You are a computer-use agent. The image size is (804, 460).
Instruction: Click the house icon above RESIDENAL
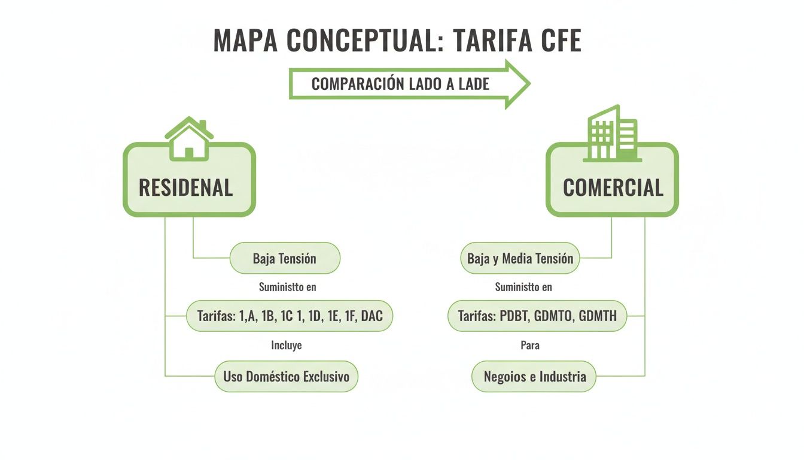[x=189, y=139]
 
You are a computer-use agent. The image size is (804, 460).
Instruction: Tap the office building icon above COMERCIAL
[x=611, y=134]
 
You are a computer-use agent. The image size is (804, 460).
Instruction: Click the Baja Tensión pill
[x=285, y=259]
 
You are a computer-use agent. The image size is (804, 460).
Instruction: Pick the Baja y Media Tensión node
[x=520, y=259]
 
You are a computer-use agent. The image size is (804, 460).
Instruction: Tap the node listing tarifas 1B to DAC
[x=290, y=316]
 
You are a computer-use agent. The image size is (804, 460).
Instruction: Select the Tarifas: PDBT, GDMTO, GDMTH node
[x=537, y=316]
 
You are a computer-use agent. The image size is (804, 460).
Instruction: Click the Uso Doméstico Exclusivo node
[x=286, y=377]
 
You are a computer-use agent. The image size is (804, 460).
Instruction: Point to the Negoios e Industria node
[x=534, y=377]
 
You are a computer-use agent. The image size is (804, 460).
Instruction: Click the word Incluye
[x=287, y=346]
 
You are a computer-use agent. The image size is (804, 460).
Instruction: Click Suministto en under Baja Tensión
[x=287, y=287]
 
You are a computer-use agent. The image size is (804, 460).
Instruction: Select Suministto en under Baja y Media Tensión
[x=523, y=287]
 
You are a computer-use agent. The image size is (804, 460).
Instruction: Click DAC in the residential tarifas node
[x=371, y=316]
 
